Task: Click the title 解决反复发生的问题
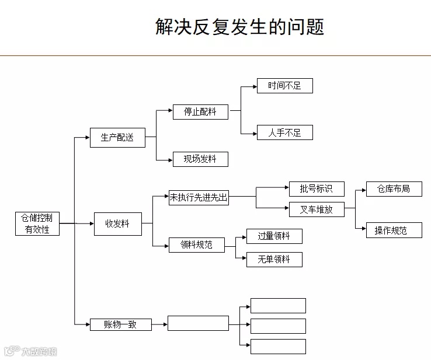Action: click(x=239, y=26)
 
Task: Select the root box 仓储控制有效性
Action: click(x=37, y=223)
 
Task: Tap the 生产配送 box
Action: click(x=117, y=138)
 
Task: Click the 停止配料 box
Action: click(x=200, y=111)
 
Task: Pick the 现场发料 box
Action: click(x=200, y=159)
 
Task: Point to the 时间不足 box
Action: click(x=285, y=86)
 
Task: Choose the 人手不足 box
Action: click(x=285, y=132)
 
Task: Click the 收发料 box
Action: click(x=117, y=223)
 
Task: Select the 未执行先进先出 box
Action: click(x=199, y=198)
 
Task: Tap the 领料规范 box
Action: click(x=197, y=245)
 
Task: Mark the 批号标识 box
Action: click(x=317, y=188)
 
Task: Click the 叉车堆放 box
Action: click(x=317, y=209)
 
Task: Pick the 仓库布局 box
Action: click(x=394, y=189)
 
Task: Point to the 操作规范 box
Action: click(x=394, y=230)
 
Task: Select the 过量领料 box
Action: click(x=274, y=236)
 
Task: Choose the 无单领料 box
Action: click(x=274, y=260)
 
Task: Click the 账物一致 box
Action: click(x=120, y=324)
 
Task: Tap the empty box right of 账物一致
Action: click(x=198, y=323)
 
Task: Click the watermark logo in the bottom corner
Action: click(x=11, y=351)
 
